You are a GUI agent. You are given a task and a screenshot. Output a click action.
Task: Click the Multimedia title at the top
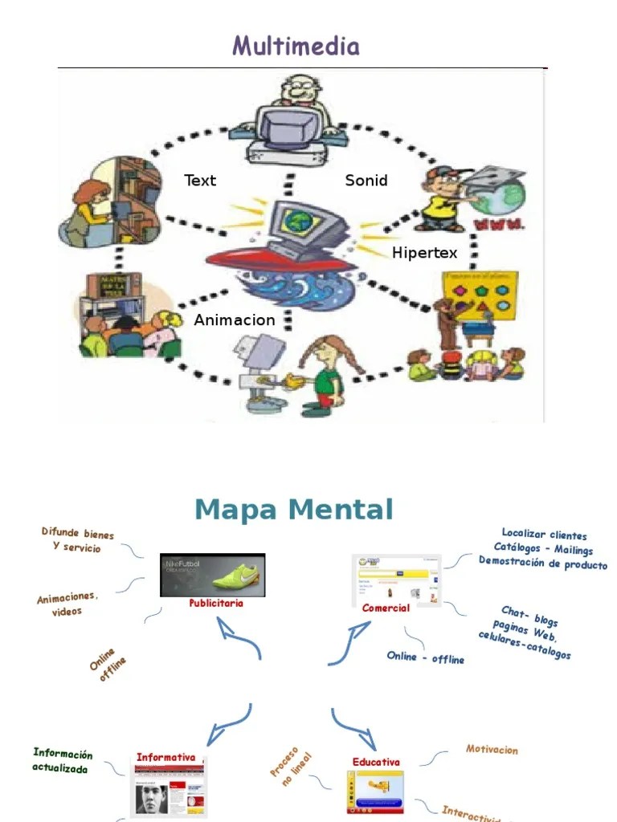point(296,46)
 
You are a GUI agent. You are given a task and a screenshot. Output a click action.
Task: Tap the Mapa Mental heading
point(294,510)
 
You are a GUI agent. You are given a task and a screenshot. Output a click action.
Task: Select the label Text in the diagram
point(200,180)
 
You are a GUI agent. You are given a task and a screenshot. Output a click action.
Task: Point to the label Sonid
point(366,180)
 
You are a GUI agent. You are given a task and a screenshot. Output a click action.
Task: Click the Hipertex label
point(425,253)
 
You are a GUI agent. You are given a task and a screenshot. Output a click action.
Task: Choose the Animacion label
point(235,319)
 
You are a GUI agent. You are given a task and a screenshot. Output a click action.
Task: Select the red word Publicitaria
point(215,603)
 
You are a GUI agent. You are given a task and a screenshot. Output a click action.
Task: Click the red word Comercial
point(386,608)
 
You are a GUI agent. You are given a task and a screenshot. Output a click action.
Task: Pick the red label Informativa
point(166,757)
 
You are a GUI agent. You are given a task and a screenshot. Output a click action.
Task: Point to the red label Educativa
point(376,762)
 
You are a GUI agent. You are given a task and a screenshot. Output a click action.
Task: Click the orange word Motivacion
point(492,750)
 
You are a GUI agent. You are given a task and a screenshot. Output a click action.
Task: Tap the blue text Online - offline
point(426,657)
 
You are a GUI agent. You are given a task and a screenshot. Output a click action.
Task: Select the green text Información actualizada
point(62,760)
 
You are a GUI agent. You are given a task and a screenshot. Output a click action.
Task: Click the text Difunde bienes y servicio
point(78,540)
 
